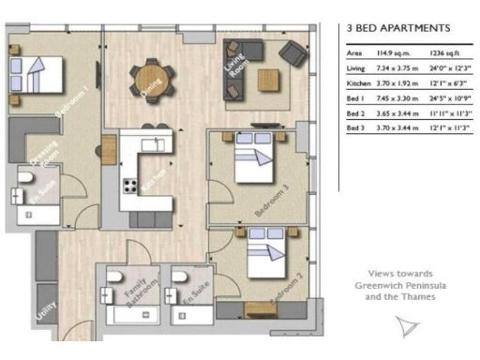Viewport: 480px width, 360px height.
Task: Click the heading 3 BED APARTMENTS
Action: click(392, 29)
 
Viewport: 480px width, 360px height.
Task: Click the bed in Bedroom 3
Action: click(252, 165)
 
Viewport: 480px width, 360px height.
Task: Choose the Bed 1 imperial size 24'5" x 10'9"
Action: click(452, 97)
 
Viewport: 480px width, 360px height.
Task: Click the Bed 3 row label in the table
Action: click(355, 126)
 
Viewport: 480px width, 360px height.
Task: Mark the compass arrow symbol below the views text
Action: click(406, 326)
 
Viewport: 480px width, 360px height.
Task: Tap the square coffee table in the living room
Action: click(270, 79)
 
